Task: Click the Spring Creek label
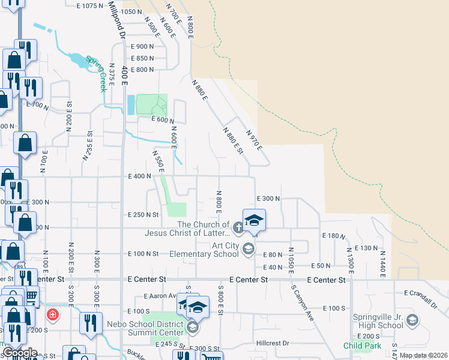[x=98, y=73]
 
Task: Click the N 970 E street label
[x=255, y=139]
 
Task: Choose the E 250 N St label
[x=143, y=214]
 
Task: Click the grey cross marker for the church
[x=238, y=227]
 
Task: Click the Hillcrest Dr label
[x=273, y=343]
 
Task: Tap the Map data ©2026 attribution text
[x=423, y=355]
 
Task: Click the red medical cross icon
[x=53, y=314]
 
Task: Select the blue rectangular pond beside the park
[x=130, y=106]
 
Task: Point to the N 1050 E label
[x=291, y=257]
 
